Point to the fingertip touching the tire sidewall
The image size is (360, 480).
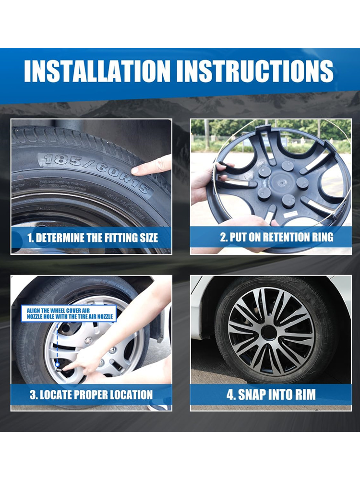click(135, 170)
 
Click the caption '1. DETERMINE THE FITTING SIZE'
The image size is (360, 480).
click(93, 238)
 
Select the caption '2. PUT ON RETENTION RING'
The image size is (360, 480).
click(277, 237)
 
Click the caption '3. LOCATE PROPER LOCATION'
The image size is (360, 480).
click(91, 395)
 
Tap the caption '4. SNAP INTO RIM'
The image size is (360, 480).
click(271, 395)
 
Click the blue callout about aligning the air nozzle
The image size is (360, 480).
click(69, 313)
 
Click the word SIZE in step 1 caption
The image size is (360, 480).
click(149, 238)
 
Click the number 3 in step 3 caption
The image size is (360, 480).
click(33, 395)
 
